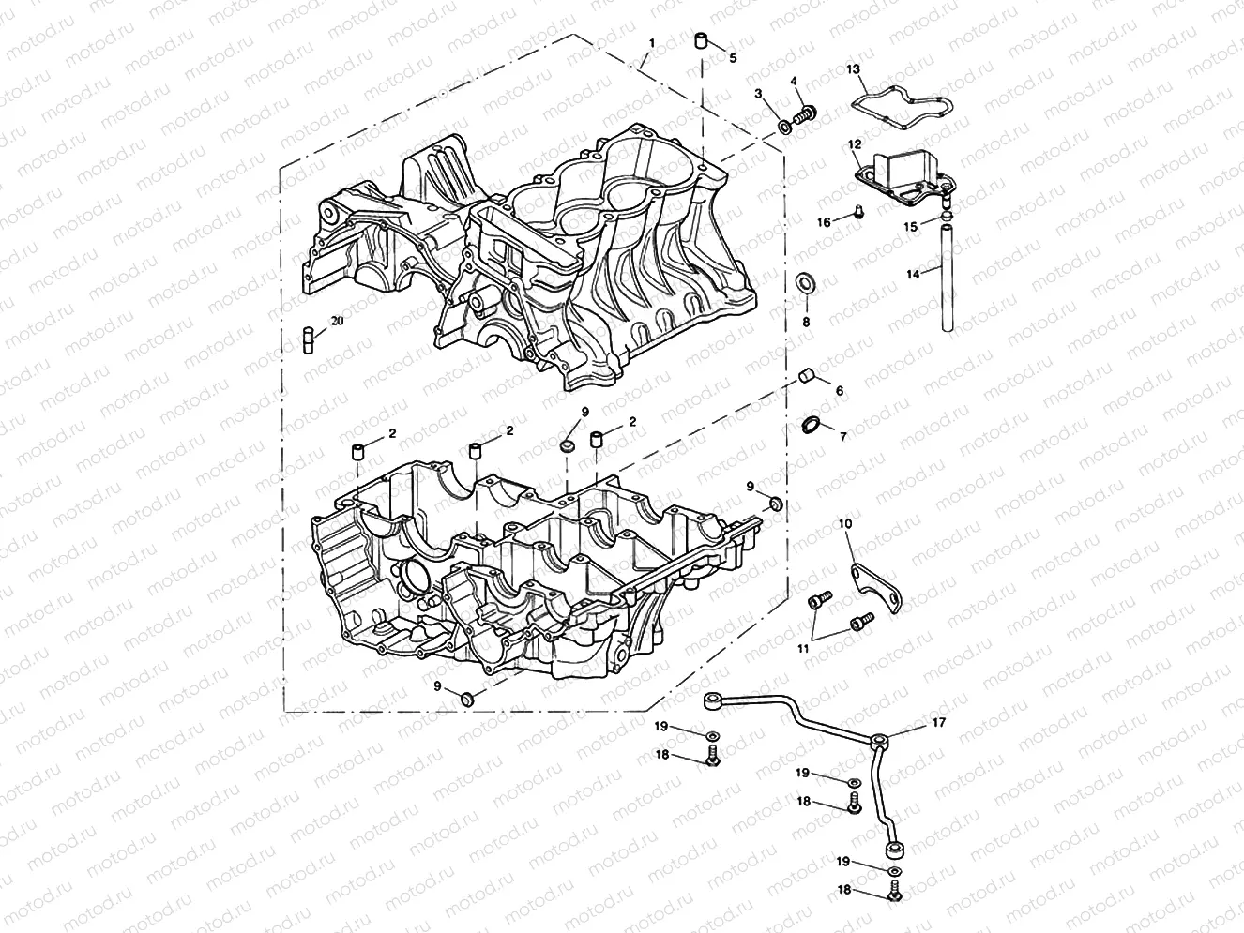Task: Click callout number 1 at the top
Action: pyautogui.click(x=652, y=43)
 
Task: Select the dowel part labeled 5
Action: pyautogui.click(x=700, y=41)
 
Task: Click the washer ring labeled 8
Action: pyautogui.click(x=805, y=283)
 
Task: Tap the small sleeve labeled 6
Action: pyautogui.click(x=806, y=378)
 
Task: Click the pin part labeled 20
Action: pyautogui.click(x=307, y=337)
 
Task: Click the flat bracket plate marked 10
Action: pyautogui.click(x=877, y=586)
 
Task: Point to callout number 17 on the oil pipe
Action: pyautogui.click(x=939, y=722)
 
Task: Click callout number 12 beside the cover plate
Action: pyautogui.click(x=854, y=144)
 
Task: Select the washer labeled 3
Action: pyautogui.click(x=784, y=127)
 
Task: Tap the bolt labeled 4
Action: pyautogui.click(x=804, y=116)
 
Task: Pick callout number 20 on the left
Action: pyautogui.click(x=337, y=320)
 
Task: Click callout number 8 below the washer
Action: pyautogui.click(x=806, y=322)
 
